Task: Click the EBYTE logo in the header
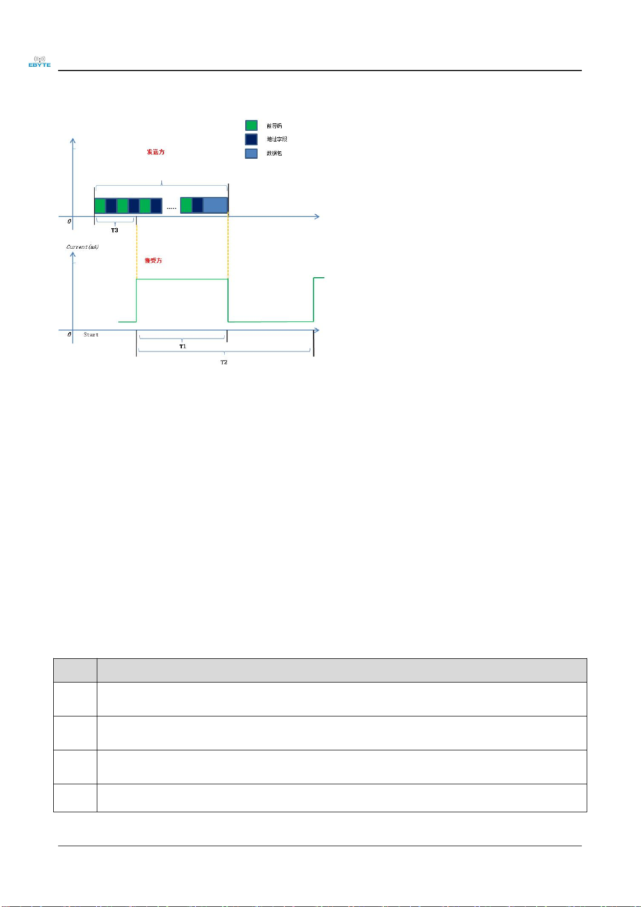pyautogui.click(x=39, y=61)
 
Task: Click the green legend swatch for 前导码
pyautogui.click(x=251, y=125)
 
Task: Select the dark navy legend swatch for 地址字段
pyautogui.click(x=251, y=139)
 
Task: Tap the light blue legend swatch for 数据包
pyautogui.click(x=251, y=153)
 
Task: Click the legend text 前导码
pyautogui.click(x=274, y=126)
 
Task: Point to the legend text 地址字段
pyautogui.click(x=277, y=139)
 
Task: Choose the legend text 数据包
pyautogui.click(x=274, y=153)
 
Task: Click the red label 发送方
pyautogui.click(x=155, y=152)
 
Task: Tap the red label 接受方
pyautogui.click(x=153, y=261)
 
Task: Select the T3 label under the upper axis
pyautogui.click(x=115, y=230)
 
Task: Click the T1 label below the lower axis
pyautogui.click(x=183, y=347)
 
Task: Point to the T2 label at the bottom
pyautogui.click(x=224, y=362)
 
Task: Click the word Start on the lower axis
pyautogui.click(x=91, y=335)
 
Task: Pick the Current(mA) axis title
pyautogui.click(x=82, y=247)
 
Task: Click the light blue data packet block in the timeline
pyautogui.click(x=215, y=205)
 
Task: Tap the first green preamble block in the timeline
pyautogui.click(x=100, y=206)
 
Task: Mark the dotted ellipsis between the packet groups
pyautogui.click(x=171, y=208)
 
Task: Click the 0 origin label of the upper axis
pyautogui.click(x=69, y=221)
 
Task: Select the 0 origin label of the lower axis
pyautogui.click(x=69, y=335)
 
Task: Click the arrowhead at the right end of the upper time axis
pyautogui.click(x=317, y=216)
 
